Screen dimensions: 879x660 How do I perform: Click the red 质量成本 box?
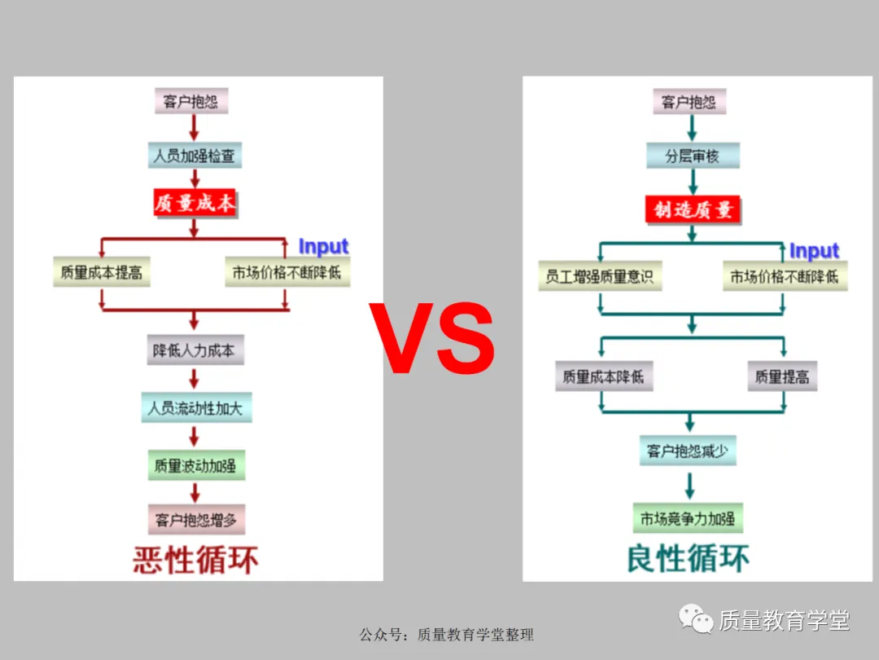tap(195, 203)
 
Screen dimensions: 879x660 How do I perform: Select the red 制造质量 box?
tap(693, 209)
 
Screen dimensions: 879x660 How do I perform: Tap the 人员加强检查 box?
tap(195, 156)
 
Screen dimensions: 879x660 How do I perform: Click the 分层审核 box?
tap(693, 156)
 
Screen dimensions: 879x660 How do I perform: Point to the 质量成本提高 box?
tap(102, 272)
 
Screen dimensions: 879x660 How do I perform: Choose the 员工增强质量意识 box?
tap(600, 276)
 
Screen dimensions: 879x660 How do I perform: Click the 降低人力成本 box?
tap(195, 350)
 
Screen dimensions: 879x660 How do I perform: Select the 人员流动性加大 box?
tap(195, 407)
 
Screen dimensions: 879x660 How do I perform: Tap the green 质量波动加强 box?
tap(195, 466)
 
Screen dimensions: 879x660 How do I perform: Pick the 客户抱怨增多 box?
tap(196, 518)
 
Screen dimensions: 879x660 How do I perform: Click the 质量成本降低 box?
tap(603, 376)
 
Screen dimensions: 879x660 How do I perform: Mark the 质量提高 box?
tap(781, 376)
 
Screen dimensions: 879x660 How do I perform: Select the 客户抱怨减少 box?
tap(689, 451)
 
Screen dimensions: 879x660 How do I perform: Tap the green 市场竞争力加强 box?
tap(688, 518)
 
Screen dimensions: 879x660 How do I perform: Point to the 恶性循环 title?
tap(196, 560)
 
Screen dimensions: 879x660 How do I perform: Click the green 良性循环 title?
tap(689, 559)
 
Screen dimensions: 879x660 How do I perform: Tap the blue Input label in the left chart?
tap(323, 246)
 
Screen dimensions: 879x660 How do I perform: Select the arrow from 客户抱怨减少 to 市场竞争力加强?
tap(690, 485)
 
